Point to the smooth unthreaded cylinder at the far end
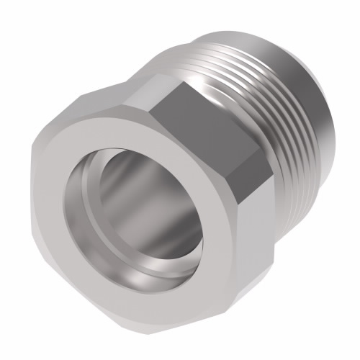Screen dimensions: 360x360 point(317,108)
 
